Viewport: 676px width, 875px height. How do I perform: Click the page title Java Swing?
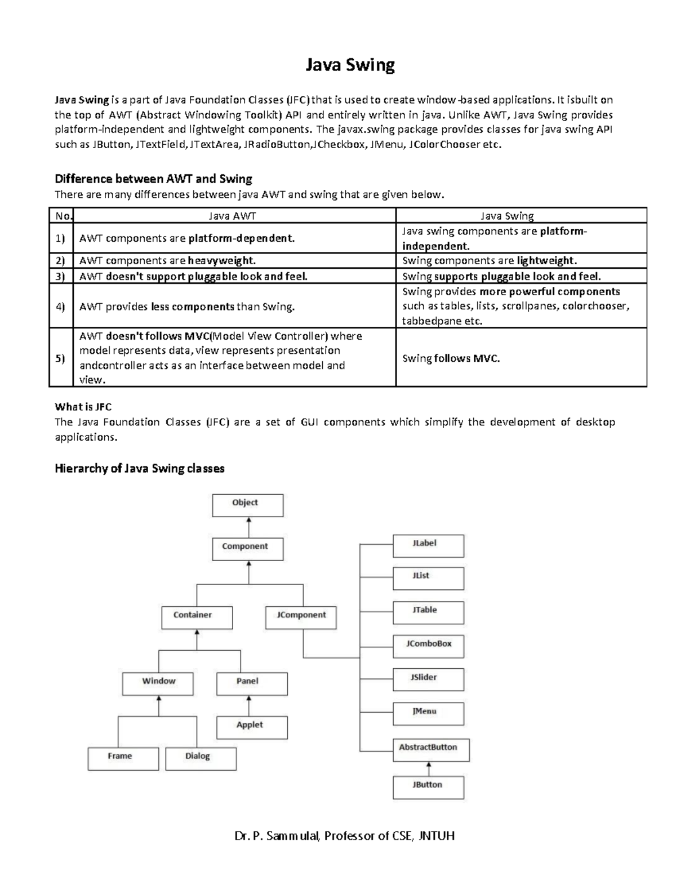click(350, 65)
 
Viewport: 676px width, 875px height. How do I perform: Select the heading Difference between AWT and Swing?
click(153, 179)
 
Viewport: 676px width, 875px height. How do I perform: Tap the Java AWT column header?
click(233, 216)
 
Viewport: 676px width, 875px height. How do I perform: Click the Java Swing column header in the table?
click(506, 216)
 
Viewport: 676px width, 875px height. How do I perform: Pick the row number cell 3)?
click(61, 276)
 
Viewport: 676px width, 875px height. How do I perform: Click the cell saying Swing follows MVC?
click(451, 358)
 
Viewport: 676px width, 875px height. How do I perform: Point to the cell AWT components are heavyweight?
click(167, 261)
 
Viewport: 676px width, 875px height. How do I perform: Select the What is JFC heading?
click(83, 407)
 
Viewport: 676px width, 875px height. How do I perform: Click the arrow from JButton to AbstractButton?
click(429, 769)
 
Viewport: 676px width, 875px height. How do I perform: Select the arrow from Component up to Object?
click(248, 527)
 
